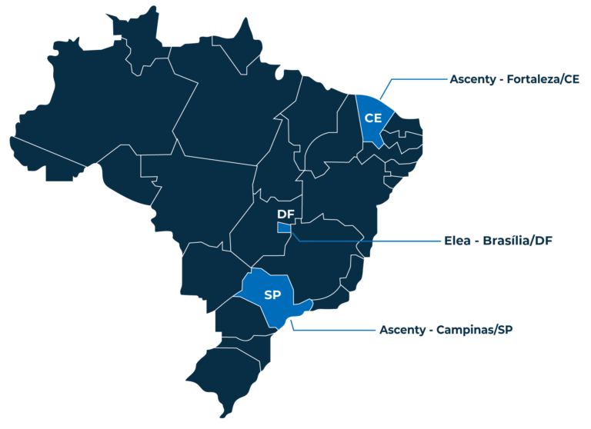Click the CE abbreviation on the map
pyautogui.click(x=373, y=118)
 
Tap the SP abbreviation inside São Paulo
pyautogui.click(x=272, y=295)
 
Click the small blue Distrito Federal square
pyautogui.click(x=284, y=228)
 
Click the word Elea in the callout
pyautogui.click(x=459, y=240)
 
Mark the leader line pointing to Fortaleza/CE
pyautogui.click(x=416, y=78)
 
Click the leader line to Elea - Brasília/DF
pyautogui.click(x=362, y=240)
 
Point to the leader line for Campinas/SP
pyautogui.click(x=331, y=330)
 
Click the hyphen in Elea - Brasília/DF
pyautogui.click(x=479, y=241)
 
